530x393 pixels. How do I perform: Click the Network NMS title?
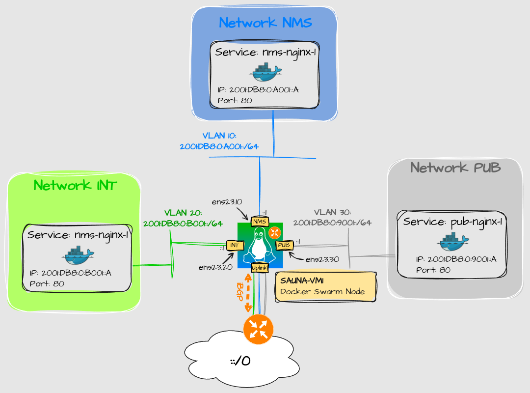(265, 23)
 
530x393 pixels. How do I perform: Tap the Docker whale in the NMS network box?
(265, 73)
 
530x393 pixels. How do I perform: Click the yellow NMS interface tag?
(259, 222)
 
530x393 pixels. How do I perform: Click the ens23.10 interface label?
(227, 202)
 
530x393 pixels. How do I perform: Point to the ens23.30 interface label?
(322, 259)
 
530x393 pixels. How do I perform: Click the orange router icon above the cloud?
(258, 329)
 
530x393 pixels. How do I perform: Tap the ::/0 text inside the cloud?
(240, 362)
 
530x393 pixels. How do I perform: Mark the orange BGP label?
(240, 293)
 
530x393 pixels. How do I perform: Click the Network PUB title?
(455, 168)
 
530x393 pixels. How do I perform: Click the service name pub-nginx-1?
(452, 222)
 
